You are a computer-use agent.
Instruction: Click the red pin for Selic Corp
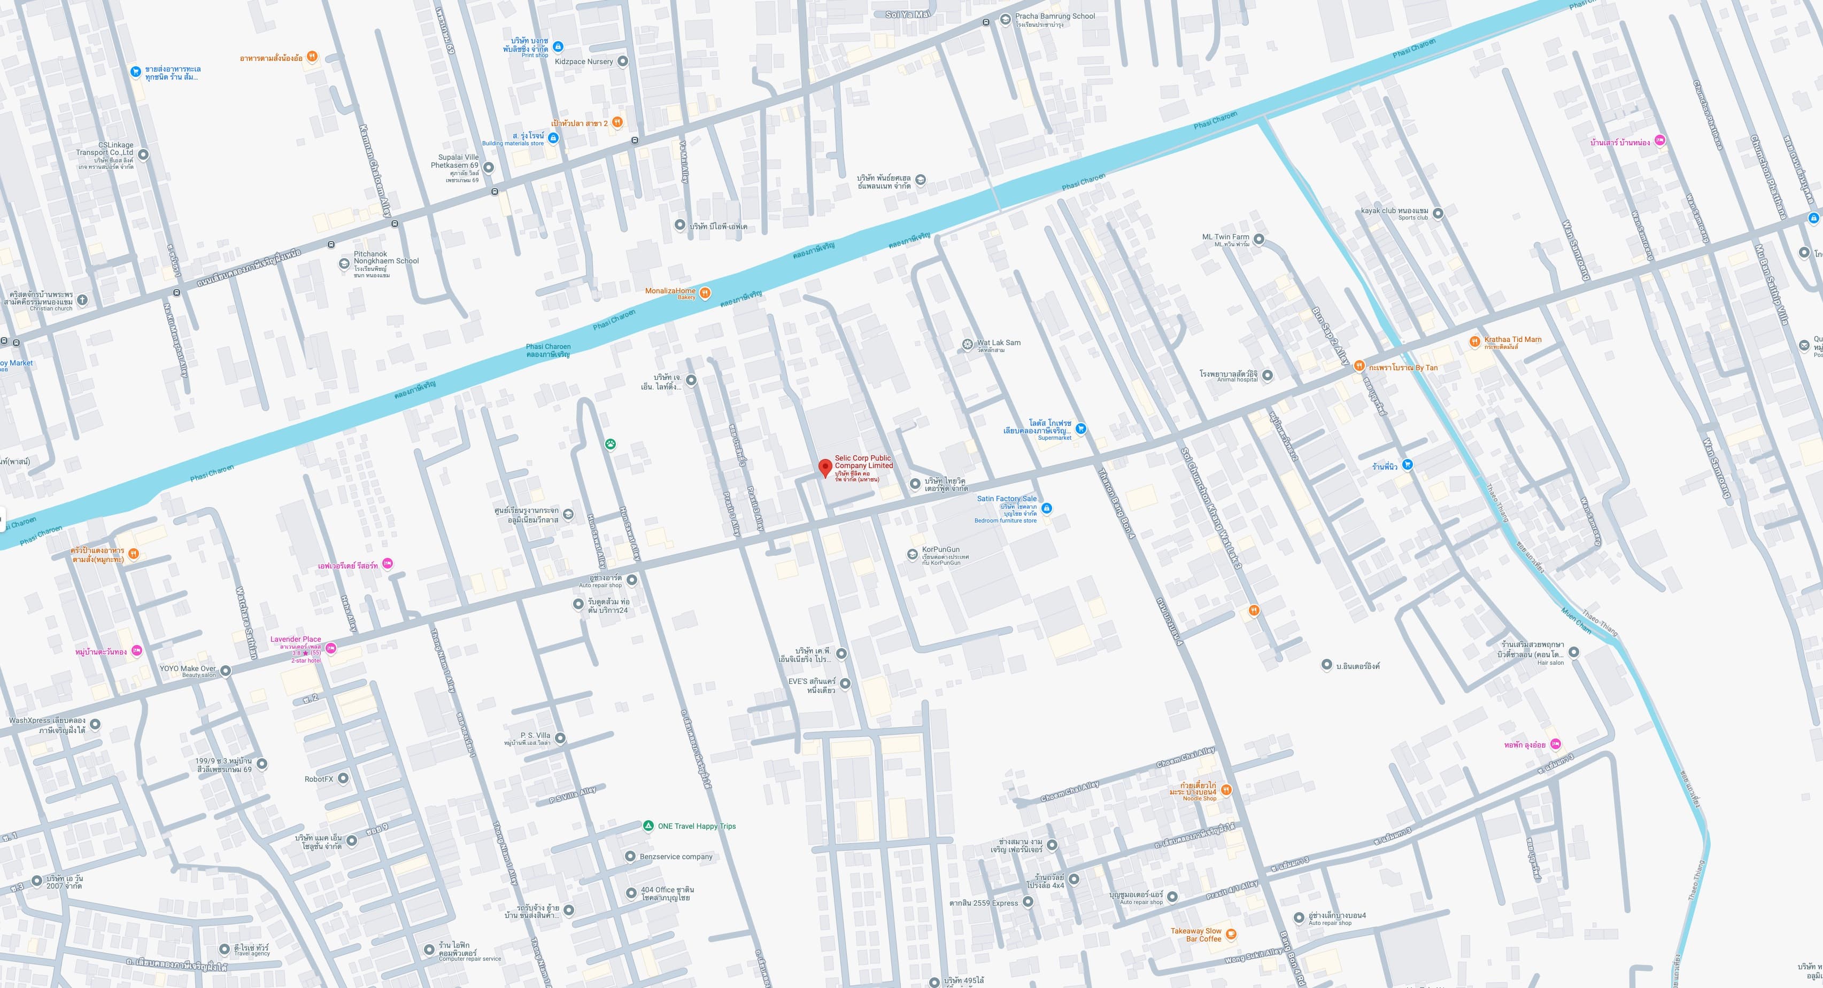tap(824, 468)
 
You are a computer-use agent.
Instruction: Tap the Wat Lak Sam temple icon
tap(968, 345)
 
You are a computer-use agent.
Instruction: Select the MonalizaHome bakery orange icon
tap(705, 293)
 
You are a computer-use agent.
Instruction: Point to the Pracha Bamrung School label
tap(1054, 16)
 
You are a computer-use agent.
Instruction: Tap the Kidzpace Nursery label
tap(584, 61)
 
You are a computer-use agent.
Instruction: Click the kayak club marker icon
tap(1438, 212)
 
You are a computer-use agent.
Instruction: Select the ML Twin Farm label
tap(1226, 237)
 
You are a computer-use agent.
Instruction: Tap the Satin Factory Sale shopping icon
tap(1047, 509)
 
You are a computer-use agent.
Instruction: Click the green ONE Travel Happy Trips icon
tap(647, 826)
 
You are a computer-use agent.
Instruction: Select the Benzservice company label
tap(676, 857)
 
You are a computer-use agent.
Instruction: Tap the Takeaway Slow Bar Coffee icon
tap(1231, 934)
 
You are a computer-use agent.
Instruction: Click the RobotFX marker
tap(343, 778)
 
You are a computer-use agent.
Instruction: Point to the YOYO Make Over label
tap(188, 668)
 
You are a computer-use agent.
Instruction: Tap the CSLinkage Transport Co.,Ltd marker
tap(143, 154)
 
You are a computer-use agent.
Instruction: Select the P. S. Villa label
tap(535, 735)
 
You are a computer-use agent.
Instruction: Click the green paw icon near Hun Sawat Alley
tap(610, 444)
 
